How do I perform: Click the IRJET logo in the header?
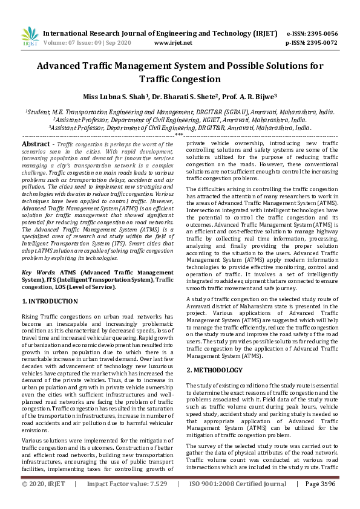click(30, 37)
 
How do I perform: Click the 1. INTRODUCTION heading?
click(50, 301)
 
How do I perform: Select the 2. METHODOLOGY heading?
click(214, 352)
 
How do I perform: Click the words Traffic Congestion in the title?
click(180, 79)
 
